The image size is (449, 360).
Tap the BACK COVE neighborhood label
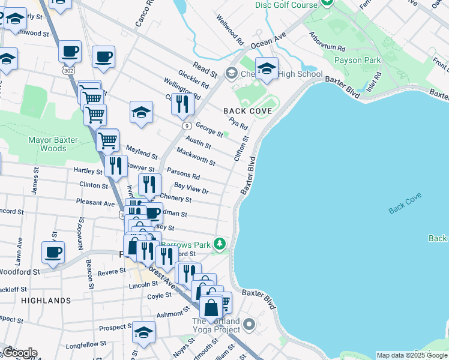pos(247,111)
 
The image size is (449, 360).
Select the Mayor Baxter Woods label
pos(53,144)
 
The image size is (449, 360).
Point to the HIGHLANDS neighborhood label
pos(46,300)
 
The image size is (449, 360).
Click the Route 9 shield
pos(187,125)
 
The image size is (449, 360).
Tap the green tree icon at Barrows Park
pos(220,243)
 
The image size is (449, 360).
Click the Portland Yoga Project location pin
pos(250,325)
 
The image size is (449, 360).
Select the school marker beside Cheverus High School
pos(267,69)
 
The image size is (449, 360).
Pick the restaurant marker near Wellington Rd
pos(182,104)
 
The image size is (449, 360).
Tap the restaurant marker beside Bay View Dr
pos(149,185)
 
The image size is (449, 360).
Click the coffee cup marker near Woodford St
pos(53,252)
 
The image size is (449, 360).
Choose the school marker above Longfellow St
pos(143,332)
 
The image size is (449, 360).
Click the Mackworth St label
pos(196,157)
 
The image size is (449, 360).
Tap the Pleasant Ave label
pos(95,203)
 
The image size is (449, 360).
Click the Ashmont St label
pos(169,314)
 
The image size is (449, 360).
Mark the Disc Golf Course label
pos(286,5)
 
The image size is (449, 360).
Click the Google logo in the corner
pos(20,353)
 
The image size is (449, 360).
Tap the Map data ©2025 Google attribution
pos(412,355)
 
